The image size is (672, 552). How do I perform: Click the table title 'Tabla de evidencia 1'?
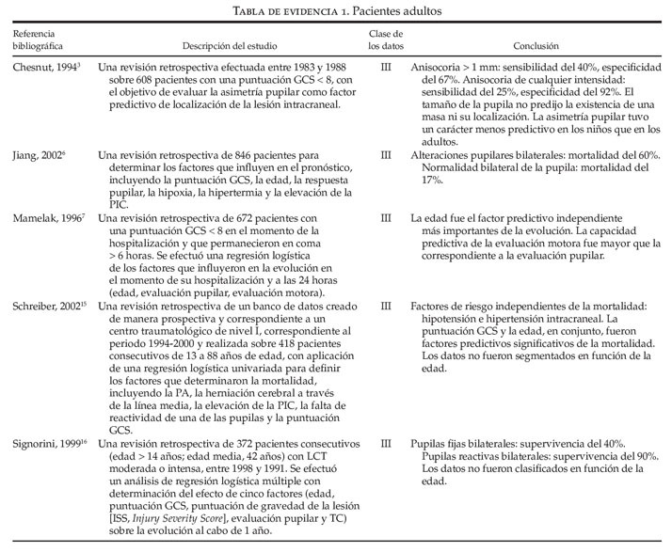pos(282,11)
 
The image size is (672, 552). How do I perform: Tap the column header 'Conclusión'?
pos(536,44)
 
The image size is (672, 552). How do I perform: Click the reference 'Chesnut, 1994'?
pos(42,68)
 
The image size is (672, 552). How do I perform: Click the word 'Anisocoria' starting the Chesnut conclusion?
pos(440,69)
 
